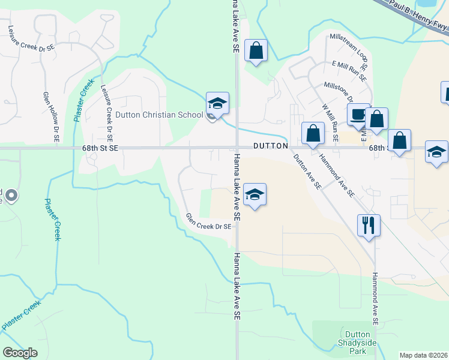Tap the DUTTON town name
[x=271, y=146]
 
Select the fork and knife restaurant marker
[x=368, y=226]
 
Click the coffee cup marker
[x=359, y=114]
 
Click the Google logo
[x=20, y=353]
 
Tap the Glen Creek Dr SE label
[x=208, y=222]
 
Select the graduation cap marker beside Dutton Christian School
[x=217, y=103]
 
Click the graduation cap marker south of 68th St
[x=255, y=194]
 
